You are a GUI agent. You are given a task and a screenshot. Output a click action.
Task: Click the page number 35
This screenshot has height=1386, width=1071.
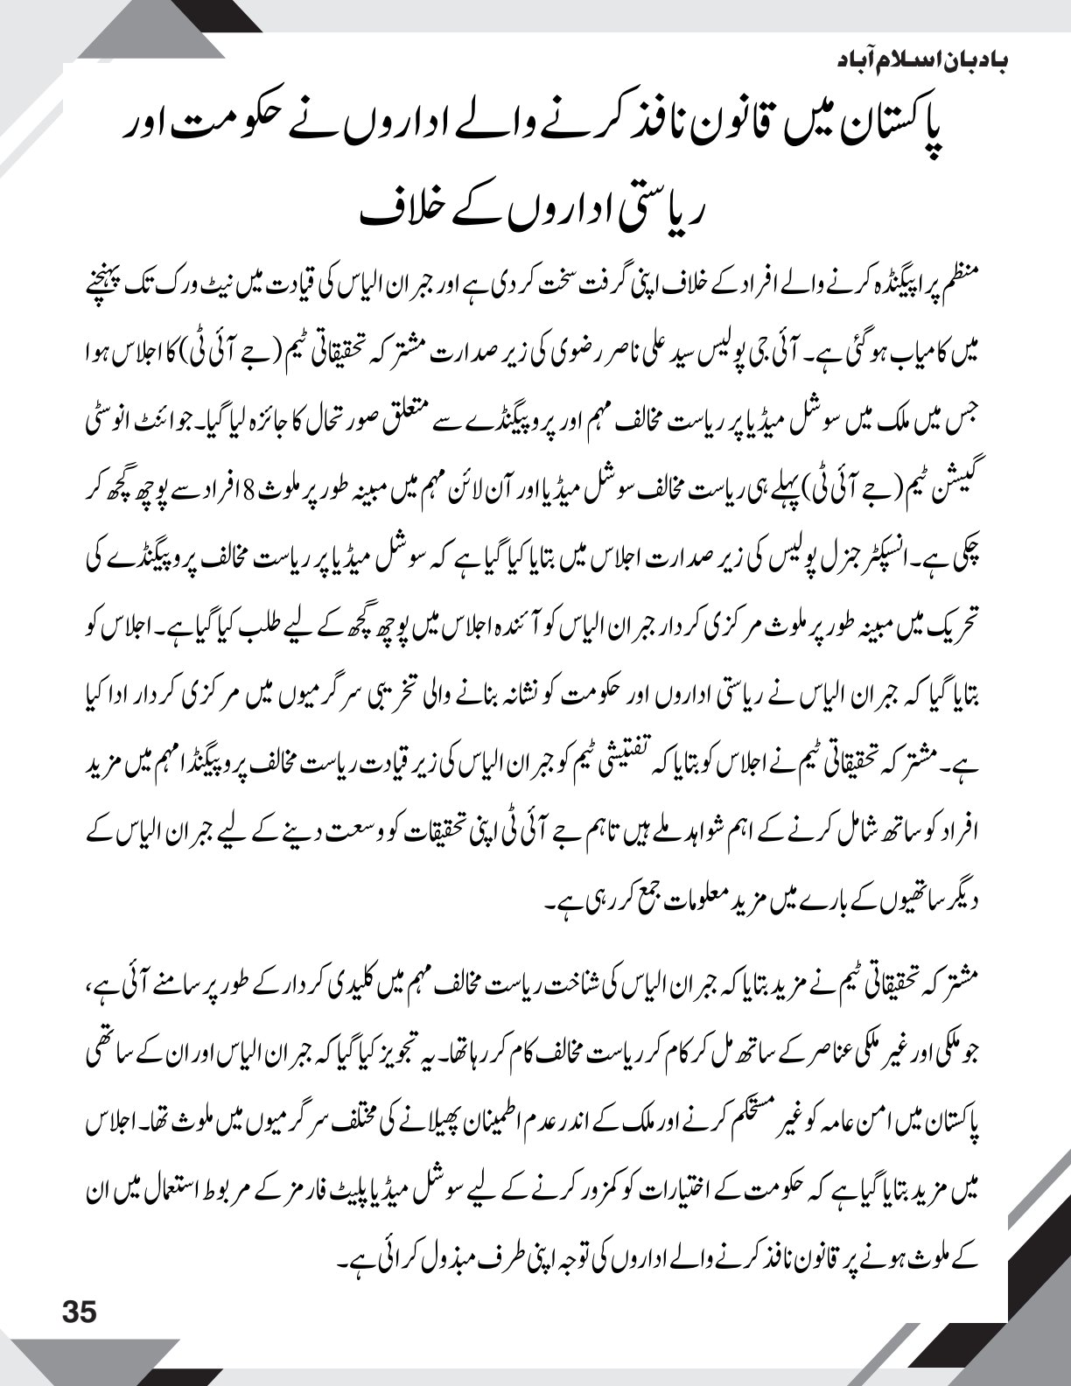(x=78, y=1312)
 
